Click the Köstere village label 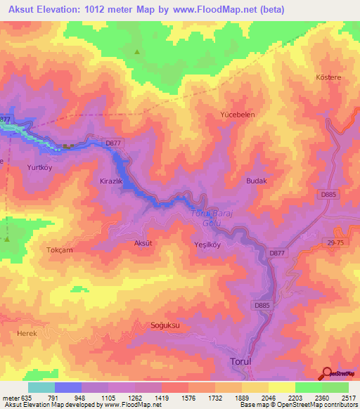(329, 77)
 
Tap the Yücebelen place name (237, 115)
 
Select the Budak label (257, 181)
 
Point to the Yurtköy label (40, 168)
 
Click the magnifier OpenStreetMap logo (328, 374)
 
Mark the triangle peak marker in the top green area (137, 51)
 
